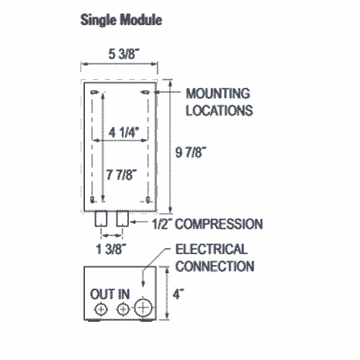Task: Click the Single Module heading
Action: coord(121,19)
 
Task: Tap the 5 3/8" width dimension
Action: coord(124,54)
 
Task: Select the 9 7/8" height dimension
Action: coord(191,152)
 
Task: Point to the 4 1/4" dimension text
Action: coord(124,132)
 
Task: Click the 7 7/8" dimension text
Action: coord(122,174)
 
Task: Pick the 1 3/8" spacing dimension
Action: coord(111,249)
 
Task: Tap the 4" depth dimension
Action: coord(179,294)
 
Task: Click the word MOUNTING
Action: coord(218,94)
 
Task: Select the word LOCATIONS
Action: coord(220,111)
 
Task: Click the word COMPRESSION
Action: coord(219,224)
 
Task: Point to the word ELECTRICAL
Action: coord(212,249)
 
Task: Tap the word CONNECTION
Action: coord(215,266)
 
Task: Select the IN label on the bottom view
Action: coord(124,294)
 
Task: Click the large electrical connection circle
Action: coord(143,307)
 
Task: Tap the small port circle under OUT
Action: coord(101,310)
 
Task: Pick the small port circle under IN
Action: coord(123,310)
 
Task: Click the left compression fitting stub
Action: coord(101,219)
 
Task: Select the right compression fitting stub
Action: coord(122,219)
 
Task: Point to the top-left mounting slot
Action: coord(94,92)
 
